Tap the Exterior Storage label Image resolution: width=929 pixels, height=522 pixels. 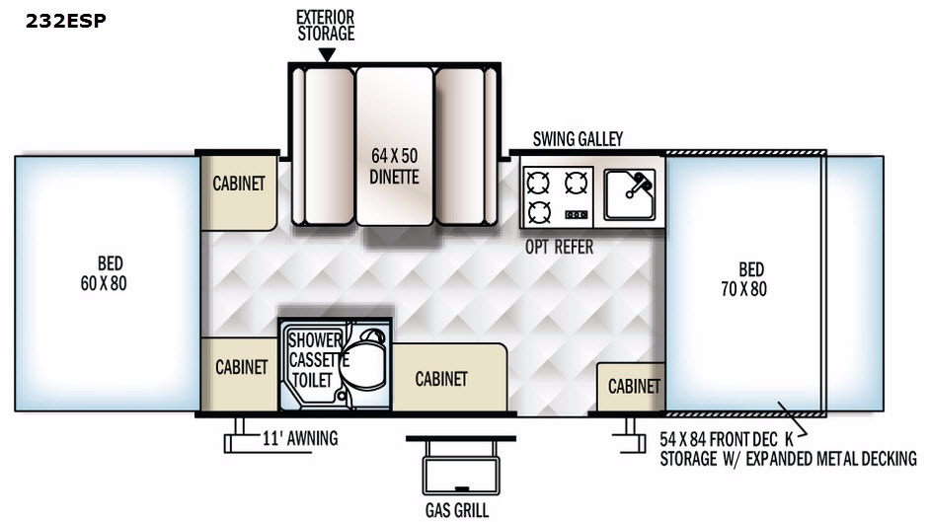coord(325,26)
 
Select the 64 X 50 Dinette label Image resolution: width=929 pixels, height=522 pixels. coord(395,167)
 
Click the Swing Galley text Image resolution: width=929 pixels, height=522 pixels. coord(578,139)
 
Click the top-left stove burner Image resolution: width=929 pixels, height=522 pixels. coord(538,182)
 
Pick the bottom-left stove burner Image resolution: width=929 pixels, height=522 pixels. coord(538,211)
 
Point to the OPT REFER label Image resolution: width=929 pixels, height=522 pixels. coord(560,247)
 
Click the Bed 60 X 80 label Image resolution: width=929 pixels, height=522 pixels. coord(112,273)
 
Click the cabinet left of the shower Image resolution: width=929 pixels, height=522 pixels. coord(241,367)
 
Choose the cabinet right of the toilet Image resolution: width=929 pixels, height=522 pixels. coord(441,379)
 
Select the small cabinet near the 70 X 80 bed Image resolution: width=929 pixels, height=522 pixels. coord(633,386)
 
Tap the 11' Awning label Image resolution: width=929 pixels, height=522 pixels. coord(300,438)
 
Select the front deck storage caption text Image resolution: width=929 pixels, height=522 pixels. coord(788,448)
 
